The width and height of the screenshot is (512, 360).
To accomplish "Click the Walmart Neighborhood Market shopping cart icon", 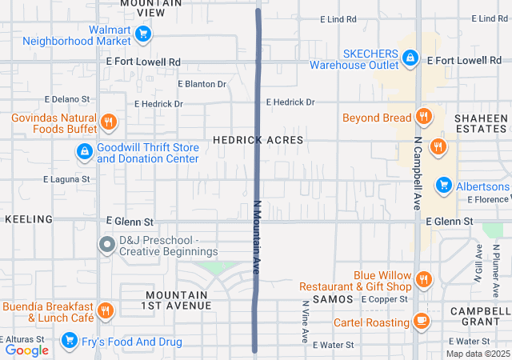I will (143, 33).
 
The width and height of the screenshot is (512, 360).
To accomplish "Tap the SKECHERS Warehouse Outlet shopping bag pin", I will (410, 58).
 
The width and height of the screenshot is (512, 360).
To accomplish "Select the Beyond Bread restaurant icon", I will (424, 117).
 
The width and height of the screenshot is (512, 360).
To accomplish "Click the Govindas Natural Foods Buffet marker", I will (109, 122).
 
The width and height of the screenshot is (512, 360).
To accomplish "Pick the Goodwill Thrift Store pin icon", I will (84, 151).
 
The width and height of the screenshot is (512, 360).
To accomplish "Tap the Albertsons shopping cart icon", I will (444, 186).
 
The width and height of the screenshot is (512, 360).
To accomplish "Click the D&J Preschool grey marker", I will (107, 245).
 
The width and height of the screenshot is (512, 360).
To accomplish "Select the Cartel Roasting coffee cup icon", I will (422, 321).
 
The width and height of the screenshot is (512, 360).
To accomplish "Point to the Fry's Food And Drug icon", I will (70, 342).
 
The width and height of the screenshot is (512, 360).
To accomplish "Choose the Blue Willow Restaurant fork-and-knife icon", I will (424, 280).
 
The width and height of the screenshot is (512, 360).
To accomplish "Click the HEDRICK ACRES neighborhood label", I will (258, 140).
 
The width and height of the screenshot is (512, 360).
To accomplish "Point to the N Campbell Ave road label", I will (418, 172).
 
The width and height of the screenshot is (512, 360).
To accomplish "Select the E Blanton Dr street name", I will (202, 83).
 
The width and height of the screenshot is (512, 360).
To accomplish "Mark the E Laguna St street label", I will (66, 179).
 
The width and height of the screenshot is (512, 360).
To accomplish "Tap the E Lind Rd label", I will (338, 18).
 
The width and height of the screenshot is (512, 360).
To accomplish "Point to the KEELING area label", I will (29, 219).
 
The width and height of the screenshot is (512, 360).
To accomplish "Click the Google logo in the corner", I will (27, 350).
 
